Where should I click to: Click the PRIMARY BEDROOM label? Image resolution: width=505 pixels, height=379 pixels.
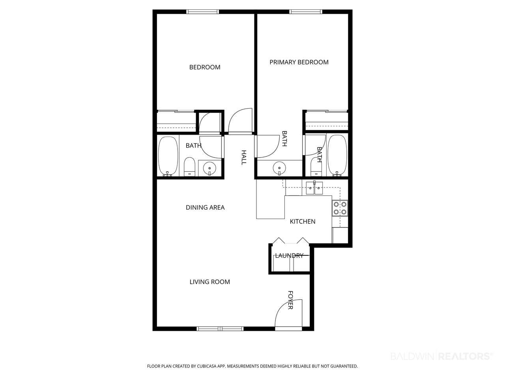click(x=299, y=62)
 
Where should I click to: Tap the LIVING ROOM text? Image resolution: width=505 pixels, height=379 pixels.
click(x=209, y=281)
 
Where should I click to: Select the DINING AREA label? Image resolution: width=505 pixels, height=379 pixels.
click(x=205, y=207)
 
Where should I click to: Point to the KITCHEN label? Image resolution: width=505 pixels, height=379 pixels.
click(x=302, y=221)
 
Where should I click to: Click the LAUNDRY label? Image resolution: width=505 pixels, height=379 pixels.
click(x=289, y=255)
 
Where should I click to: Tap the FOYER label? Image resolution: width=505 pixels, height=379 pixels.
click(x=290, y=300)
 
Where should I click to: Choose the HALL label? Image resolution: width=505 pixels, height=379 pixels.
click(x=244, y=158)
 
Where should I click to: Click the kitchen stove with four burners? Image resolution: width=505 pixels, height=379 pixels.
click(x=340, y=208)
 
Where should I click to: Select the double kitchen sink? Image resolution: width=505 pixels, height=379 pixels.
click(x=314, y=188)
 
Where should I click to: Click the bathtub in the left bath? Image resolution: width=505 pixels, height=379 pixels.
click(x=168, y=156)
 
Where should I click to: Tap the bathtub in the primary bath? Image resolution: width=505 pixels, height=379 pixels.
click(x=337, y=156)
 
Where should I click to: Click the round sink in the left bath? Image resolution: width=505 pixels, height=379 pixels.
click(x=209, y=169)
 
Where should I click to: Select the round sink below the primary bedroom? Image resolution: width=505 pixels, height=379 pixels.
click(x=279, y=168)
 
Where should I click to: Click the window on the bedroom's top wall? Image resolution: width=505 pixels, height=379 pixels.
click(x=202, y=11)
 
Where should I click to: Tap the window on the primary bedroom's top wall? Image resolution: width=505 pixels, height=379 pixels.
click(x=305, y=11)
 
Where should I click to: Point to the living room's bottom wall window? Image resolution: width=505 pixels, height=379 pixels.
click(x=220, y=328)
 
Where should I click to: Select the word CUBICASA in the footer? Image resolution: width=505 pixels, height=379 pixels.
click(x=207, y=366)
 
